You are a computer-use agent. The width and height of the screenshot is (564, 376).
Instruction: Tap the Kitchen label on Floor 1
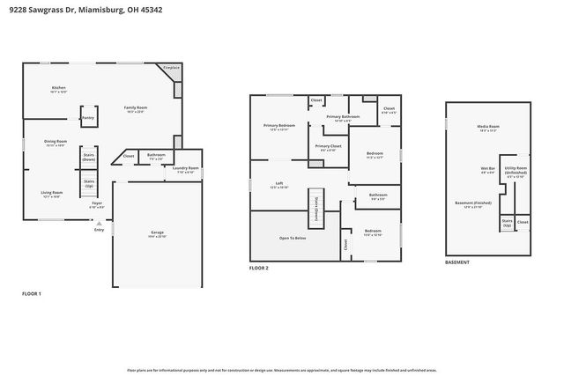[x=59, y=88]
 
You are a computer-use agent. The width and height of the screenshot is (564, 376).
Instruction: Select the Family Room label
[x=135, y=107]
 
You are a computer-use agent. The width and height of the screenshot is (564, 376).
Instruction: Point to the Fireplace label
[x=171, y=67]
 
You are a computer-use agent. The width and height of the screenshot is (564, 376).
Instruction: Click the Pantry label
[x=88, y=117]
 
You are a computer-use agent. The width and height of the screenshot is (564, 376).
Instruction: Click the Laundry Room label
[x=186, y=168]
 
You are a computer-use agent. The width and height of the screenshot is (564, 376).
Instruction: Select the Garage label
[x=157, y=232]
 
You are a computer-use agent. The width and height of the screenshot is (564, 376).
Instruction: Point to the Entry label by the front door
[x=99, y=230]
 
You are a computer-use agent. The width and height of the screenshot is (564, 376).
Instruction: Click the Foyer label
[x=97, y=203]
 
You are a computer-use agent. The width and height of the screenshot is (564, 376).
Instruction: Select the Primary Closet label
[x=328, y=146]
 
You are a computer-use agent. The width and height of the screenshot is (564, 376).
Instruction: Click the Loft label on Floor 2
[x=278, y=184]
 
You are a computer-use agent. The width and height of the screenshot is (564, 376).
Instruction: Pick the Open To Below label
[x=293, y=239]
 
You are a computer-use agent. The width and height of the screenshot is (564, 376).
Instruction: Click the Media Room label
[x=488, y=127]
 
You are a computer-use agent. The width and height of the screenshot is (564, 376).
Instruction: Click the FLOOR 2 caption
[x=258, y=267]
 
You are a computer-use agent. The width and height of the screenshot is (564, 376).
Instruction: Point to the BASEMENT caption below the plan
[x=456, y=262]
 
